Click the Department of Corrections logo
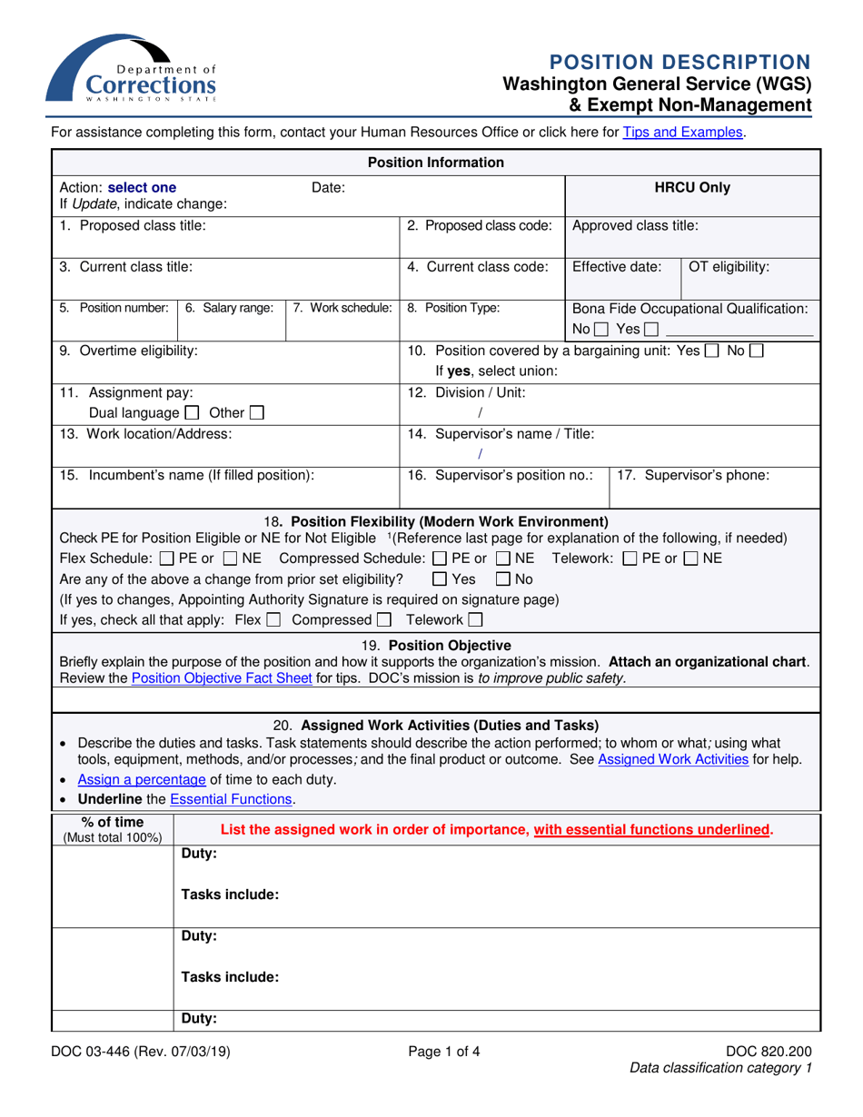tap(132, 70)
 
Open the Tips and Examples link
tap(682, 133)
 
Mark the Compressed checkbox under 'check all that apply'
tap(383, 620)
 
